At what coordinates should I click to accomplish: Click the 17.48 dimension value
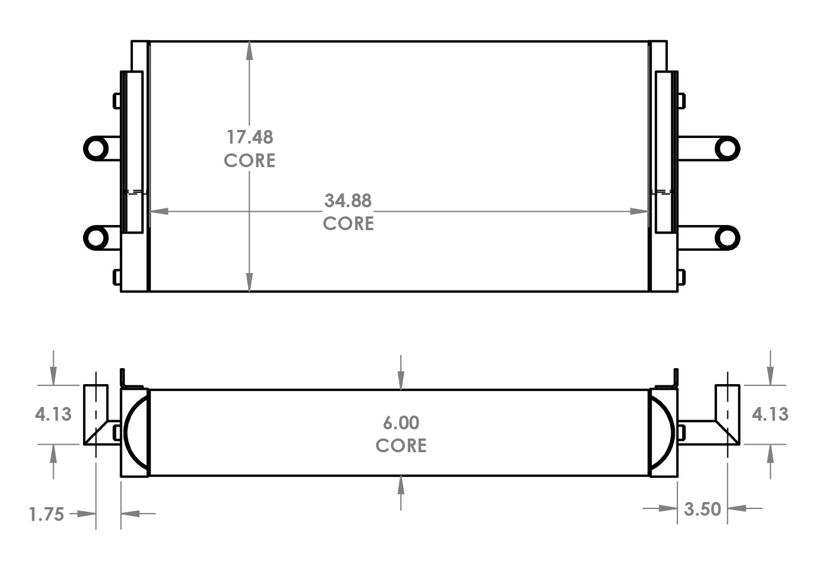(250, 137)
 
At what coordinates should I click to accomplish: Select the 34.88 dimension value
(348, 201)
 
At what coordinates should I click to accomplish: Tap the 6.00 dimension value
(401, 423)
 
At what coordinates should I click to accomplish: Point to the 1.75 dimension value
(46, 514)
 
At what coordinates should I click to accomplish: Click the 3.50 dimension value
(702, 509)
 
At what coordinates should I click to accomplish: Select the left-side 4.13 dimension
(53, 414)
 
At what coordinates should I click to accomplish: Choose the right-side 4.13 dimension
(770, 414)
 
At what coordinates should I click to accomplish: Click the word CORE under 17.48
(250, 161)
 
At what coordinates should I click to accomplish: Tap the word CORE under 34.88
(348, 223)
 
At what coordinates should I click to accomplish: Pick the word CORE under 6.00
(401, 445)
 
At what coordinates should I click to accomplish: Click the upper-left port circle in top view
(96, 148)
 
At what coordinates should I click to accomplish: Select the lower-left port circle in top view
(96, 237)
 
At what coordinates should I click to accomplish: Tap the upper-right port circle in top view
(727, 148)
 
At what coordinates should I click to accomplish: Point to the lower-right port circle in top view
(727, 237)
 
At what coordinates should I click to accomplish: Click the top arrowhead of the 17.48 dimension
(250, 50)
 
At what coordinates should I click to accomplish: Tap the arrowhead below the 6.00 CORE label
(401, 484)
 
